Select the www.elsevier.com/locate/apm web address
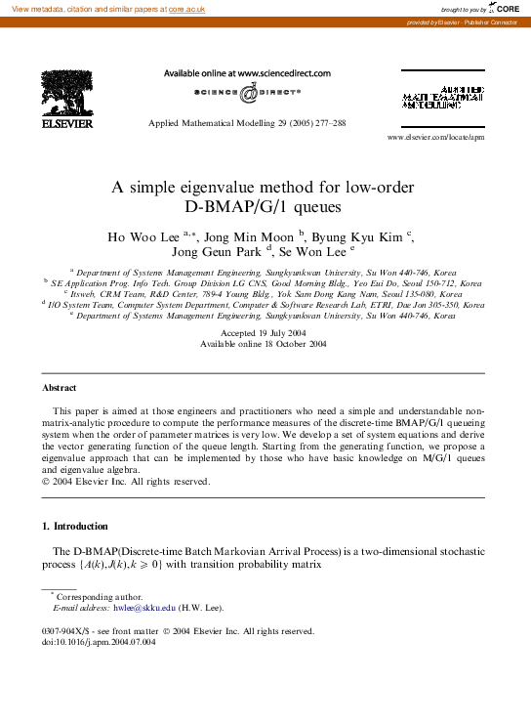coord(435,138)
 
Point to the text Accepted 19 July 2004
coord(265,333)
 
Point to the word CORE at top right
coord(508,8)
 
